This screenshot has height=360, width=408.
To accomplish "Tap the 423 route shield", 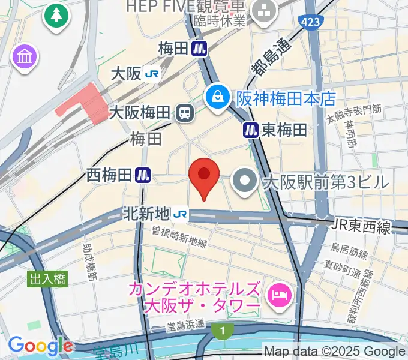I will (311, 22).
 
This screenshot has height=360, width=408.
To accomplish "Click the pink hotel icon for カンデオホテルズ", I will (279, 295).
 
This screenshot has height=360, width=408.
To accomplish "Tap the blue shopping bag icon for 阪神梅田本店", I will (217, 96).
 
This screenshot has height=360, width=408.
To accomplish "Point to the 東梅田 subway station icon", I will (250, 130).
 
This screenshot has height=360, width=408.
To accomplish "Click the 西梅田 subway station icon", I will (143, 175).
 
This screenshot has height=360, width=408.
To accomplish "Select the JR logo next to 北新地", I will (180, 213).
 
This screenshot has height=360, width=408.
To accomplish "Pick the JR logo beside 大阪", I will (152, 74).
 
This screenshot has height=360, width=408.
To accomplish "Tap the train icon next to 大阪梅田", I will (184, 112).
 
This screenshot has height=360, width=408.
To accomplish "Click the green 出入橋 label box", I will (47, 278).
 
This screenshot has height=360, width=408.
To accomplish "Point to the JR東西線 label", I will (361, 227).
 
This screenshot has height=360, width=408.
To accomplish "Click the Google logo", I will (40, 346).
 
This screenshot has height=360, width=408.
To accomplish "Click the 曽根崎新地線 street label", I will (179, 236).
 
